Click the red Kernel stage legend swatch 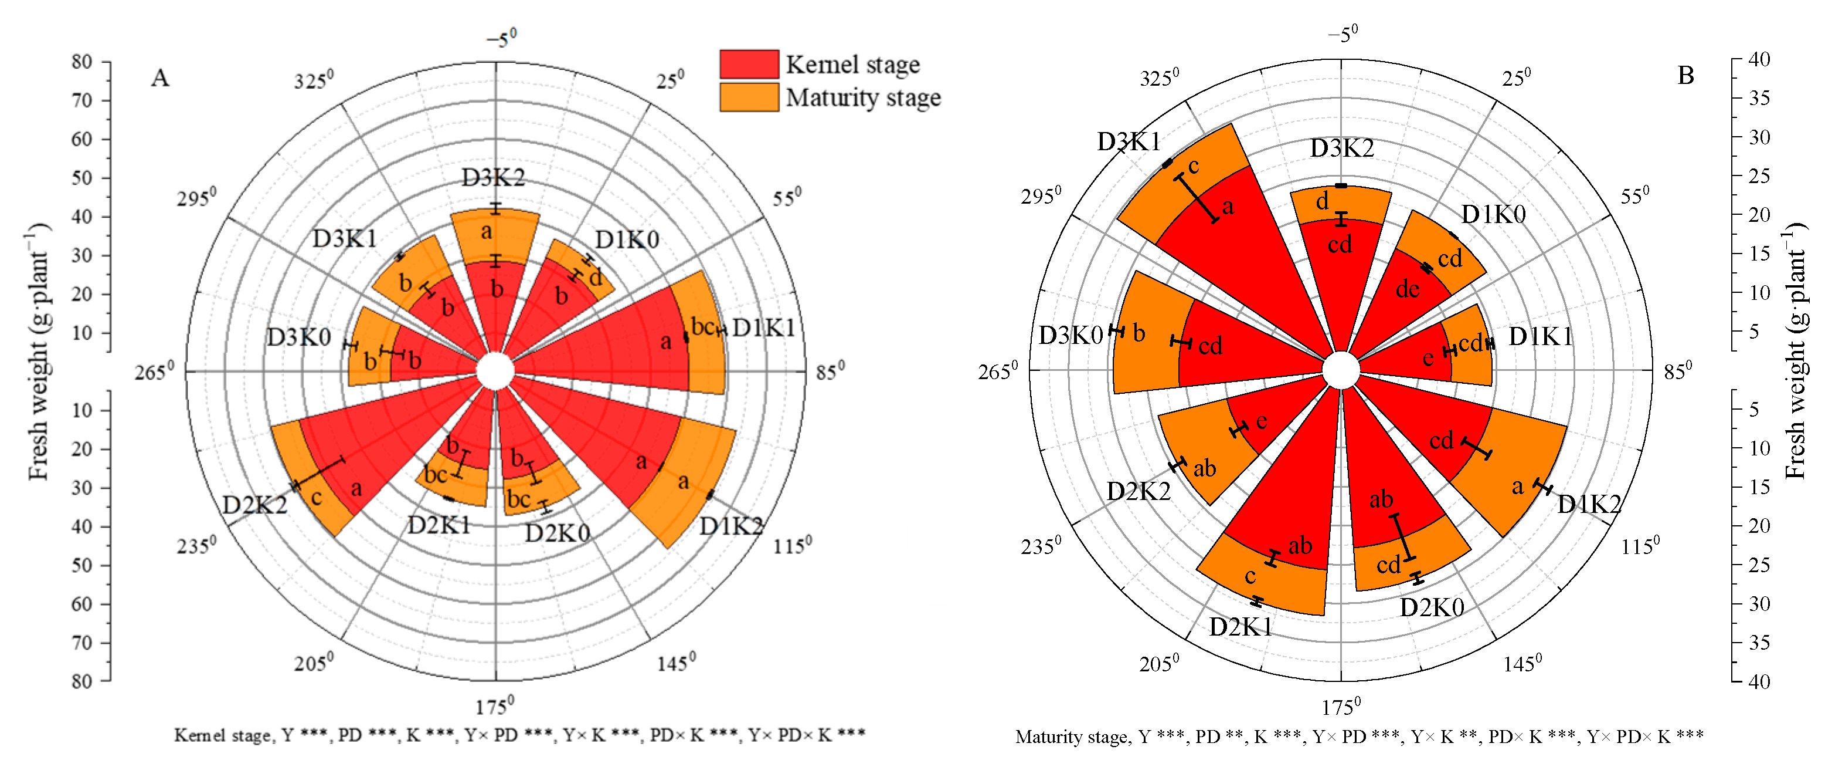pyautogui.click(x=749, y=64)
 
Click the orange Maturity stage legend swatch pyautogui.click(x=749, y=97)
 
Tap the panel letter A pyautogui.click(x=160, y=77)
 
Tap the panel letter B pyautogui.click(x=1685, y=75)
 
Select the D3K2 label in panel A pyautogui.click(x=493, y=177)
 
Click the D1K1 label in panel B pyautogui.click(x=1540, y=336)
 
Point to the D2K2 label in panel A pyautogui.click(x=254, y=505)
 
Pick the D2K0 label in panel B pyautogui.click(x=1431, y=607)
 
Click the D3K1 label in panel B pyautogui.click(x=1129, y=142)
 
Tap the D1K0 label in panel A pyautogui.click(x=627, y=239)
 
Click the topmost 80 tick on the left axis pyautogui.click(x=82, y=62)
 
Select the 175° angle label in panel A pyautogui.click(x=494, y=706)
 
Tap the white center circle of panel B pyautogui.click(x=1340, y=370)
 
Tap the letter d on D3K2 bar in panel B pyautogui.click(x=1322, y=201)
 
